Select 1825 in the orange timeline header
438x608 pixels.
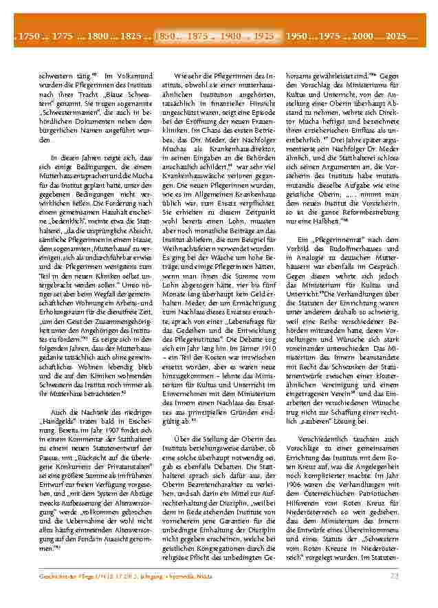(x=131, y=35)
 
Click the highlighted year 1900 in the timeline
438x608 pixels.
(x=231, y=35)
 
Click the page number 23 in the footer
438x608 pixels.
(x=394, y=595)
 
